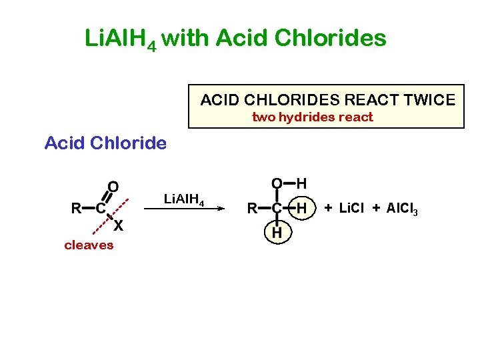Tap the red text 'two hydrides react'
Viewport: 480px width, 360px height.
point(312,117)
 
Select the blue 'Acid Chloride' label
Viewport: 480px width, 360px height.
point(105,143)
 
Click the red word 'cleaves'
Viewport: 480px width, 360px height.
point(89,245)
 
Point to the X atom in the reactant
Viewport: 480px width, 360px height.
point(117,226)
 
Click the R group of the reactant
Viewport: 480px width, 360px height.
point(77,208)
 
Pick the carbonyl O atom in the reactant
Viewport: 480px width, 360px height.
point(113,186)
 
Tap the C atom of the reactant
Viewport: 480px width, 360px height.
point(99,208)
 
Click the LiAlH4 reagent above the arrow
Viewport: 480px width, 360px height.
point(184,198)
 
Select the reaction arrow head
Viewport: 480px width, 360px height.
point(217,209)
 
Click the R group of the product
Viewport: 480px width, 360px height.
point(252,209)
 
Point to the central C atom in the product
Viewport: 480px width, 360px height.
point(276,209)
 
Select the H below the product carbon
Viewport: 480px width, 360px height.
point(276,233)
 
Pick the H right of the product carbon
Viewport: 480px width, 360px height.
point(301,209)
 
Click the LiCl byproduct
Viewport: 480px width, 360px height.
point(352,209)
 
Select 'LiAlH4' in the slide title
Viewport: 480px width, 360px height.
point(121,39)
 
